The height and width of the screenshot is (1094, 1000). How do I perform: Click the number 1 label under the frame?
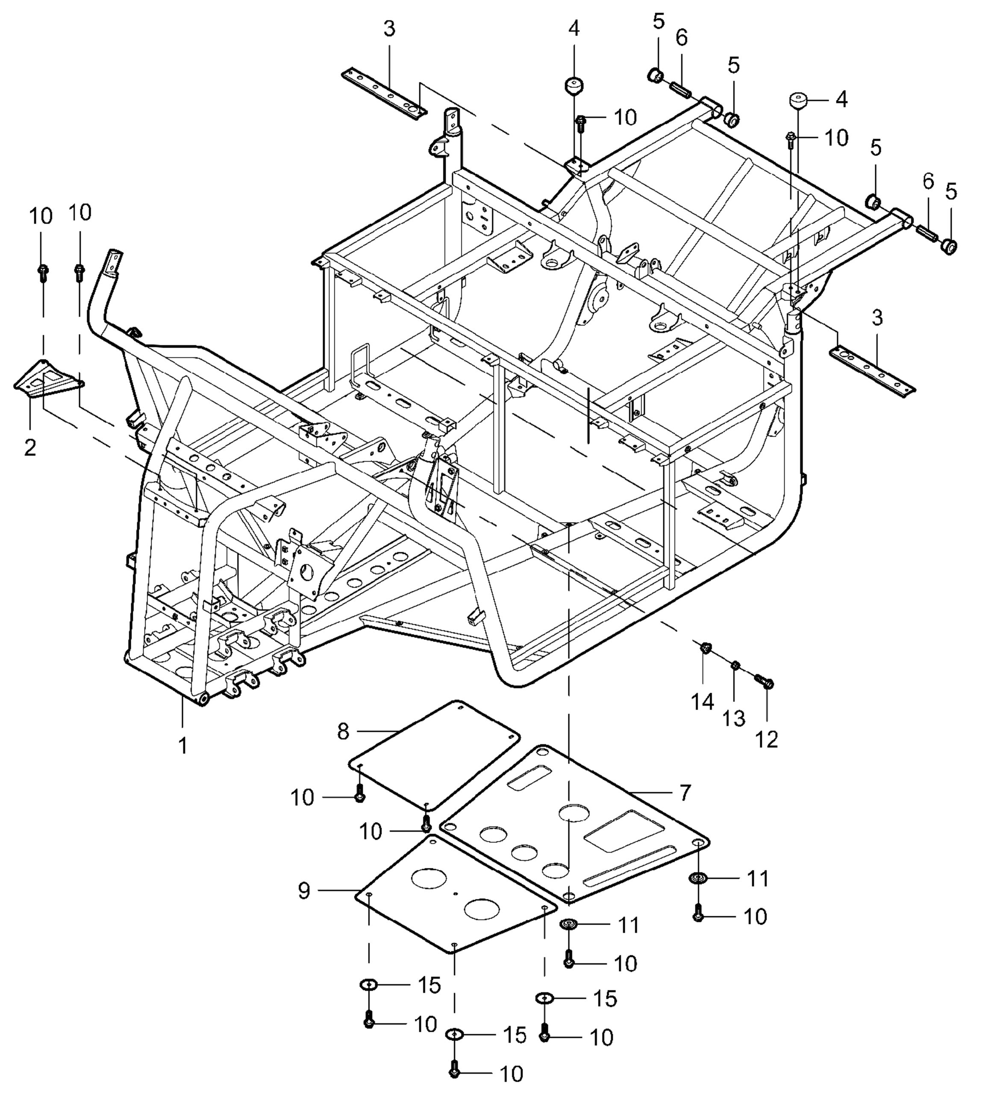coord(183,746)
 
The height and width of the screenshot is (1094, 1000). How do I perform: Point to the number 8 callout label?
coord(343,732)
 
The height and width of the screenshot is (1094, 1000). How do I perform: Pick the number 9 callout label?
coord(304,891)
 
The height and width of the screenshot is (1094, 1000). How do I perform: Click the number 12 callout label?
coord(767,739)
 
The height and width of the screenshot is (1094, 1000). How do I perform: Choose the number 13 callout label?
coord(734,719)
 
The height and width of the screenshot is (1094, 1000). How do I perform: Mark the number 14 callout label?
coord(702,702)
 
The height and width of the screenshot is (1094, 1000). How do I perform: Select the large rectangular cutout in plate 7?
coord(624,831)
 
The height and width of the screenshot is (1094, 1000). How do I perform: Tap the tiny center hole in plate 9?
coord(456,893)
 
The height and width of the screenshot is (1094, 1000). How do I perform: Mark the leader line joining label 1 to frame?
coord(183,715)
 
